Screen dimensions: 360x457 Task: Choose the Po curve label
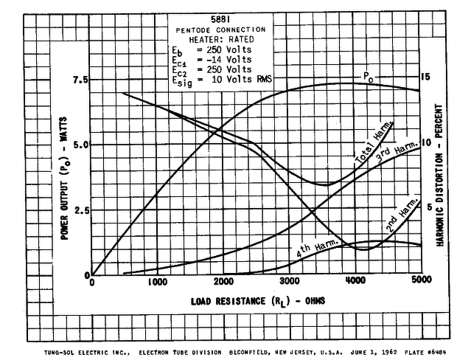(366, 76)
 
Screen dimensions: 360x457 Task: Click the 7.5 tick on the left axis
(80, 79)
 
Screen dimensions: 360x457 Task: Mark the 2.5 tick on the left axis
(80, 210)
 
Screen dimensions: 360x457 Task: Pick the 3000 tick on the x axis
(289, 281)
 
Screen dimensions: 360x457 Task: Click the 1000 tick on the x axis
(157, 281)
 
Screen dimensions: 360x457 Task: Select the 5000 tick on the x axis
(421, 281)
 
